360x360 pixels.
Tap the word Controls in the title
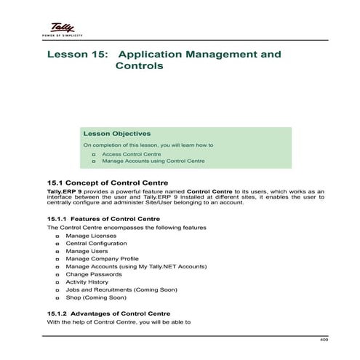(x=139, y=66)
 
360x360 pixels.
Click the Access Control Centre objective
(x=131, y=154)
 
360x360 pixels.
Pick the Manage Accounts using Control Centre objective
(x=153, y=161)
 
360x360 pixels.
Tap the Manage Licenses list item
(x=90, y=236)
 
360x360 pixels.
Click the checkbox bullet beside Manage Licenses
(x=57, y=236)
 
